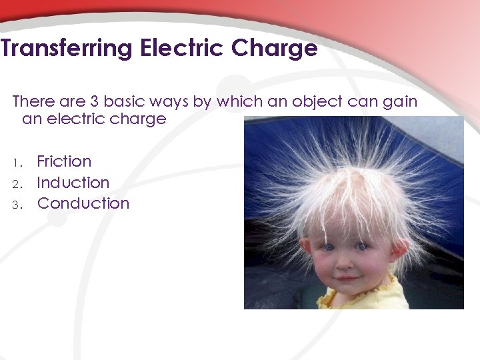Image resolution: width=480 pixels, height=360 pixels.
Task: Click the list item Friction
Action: tap(64, 161)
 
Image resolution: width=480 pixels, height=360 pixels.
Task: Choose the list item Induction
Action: tap(73, 183)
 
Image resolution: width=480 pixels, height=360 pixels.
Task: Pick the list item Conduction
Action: tap(83, 203)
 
